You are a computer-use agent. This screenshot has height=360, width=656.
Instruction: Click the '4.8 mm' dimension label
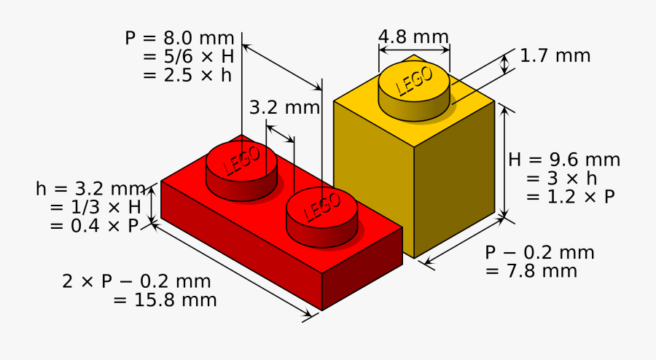click(413, 36)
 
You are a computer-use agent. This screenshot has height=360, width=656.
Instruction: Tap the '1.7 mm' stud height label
click(555, 55)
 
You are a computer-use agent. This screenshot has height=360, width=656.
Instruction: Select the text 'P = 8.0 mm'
click(179, 38)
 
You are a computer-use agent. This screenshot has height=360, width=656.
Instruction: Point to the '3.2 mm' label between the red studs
click(284, 108)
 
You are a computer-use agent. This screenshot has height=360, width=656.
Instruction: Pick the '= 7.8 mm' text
click(531, 271)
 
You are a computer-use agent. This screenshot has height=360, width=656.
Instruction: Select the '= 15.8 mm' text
click(165, 300)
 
